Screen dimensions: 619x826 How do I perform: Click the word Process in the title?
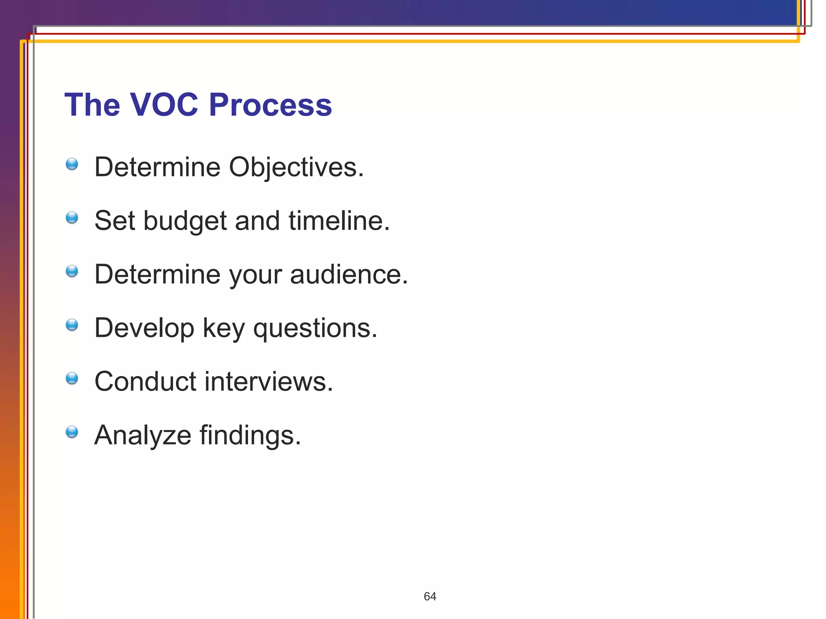click(270, 105)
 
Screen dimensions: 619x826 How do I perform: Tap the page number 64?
click(430, 596)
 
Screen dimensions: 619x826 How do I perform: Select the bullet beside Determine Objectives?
click(72, 164)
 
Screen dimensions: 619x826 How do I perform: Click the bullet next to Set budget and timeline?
click(72, 218)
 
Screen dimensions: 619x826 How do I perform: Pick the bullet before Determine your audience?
click(72, 271)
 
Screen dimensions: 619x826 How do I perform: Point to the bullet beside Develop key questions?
click(72, 325)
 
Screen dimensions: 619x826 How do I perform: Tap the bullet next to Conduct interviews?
click(72, 378)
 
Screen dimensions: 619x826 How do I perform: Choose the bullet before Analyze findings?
click(72, 432)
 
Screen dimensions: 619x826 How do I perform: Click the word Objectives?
click(296, 167)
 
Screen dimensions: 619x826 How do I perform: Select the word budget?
click(185, 221)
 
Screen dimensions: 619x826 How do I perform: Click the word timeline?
click(339, 221)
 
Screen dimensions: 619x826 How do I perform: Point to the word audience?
click(348, 274)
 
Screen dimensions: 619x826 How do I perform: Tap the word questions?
click(315, 328)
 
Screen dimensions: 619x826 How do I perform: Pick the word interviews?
click(269, 382)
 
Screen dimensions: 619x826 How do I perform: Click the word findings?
click(250, 435)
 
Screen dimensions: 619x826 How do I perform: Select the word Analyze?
click(143, 435)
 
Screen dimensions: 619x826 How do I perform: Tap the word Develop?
click(144, 328)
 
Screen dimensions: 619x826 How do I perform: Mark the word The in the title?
click(92, 105)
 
